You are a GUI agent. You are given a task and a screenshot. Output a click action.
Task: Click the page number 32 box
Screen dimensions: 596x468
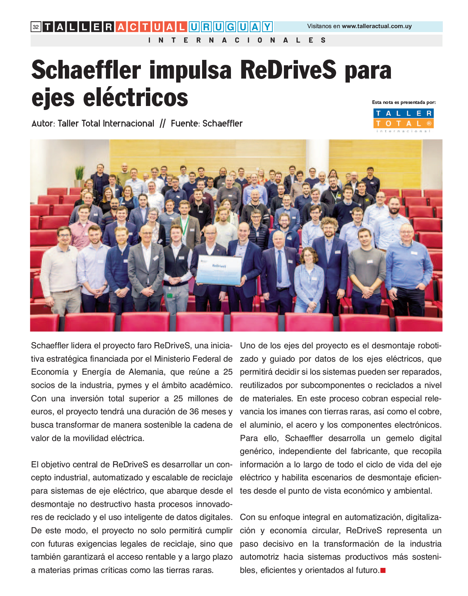point(36,27)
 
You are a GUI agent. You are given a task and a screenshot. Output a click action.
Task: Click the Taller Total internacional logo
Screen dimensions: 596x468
point(403,120)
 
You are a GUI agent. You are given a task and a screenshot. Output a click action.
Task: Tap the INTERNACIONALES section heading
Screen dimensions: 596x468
point(237,40)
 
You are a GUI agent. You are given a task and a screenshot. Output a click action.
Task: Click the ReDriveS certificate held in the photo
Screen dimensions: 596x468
point(219,270)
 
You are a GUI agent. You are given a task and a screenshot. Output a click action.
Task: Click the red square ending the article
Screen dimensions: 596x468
point(383,570)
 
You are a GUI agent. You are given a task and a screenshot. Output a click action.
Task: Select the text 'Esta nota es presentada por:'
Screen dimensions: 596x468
point(404,102)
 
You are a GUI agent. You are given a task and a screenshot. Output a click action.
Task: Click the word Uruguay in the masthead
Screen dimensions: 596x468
point(230,27)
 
